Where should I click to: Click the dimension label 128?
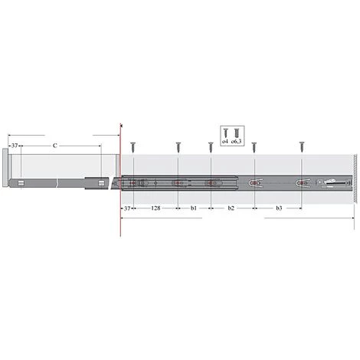pos(155,208)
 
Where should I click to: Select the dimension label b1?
pos(194,208)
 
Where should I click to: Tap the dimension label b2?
pos(232,208)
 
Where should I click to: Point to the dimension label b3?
pos(278,208)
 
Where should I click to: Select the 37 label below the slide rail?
pos(126,208)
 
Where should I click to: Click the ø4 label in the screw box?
pos(224,142)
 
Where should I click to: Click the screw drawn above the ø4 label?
pos(224,133)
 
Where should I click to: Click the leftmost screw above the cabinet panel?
pos(133,144)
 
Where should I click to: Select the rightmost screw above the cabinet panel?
pos(302,144)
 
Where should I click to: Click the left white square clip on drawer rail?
pos(21,183)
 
